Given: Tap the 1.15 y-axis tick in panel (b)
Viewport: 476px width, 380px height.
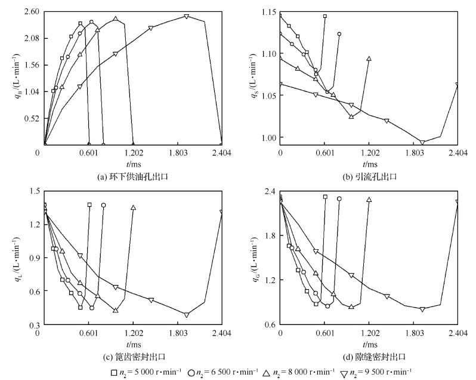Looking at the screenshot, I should click(x=268, y=12).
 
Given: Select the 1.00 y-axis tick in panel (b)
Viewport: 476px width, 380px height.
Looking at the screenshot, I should click(x=268, y=137).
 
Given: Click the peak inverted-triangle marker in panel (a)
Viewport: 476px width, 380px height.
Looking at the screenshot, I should click(x=187, y=16).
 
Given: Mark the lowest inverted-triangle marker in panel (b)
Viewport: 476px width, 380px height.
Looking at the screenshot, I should click(x=422, y=142).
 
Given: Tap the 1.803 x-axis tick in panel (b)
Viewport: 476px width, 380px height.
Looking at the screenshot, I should click(x=414, y=153).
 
